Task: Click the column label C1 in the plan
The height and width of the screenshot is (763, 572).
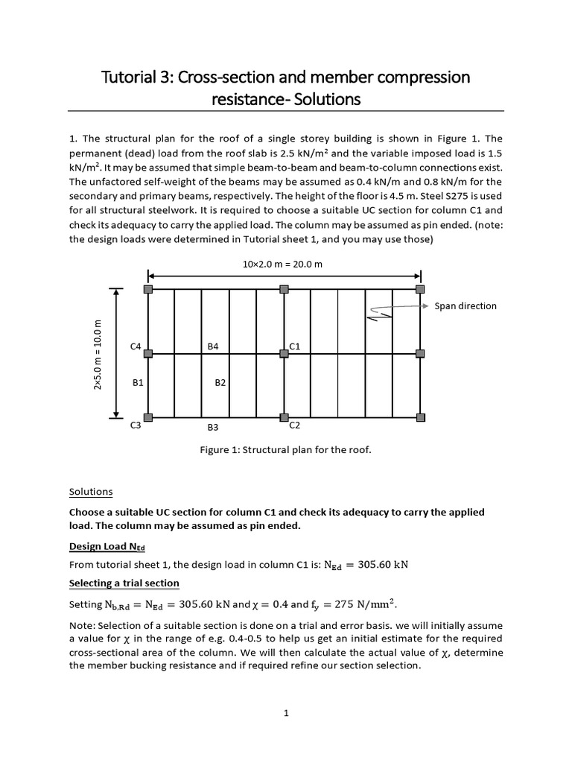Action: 294,346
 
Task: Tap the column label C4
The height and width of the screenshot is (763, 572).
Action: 136,346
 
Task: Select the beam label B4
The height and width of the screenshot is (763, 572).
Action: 213,346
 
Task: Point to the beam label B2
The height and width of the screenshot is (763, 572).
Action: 220,383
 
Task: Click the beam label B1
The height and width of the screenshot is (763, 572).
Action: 137,383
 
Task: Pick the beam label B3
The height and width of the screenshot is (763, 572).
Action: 213,428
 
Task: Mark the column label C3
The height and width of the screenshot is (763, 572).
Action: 136,426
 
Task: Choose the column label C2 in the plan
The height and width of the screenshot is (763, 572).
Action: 294,425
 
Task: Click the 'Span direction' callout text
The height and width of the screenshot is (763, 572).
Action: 465,306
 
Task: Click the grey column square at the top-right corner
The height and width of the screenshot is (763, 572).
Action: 420,289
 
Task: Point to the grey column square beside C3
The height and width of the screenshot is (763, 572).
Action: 148,417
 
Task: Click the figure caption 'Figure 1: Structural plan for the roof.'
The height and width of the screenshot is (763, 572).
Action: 285,450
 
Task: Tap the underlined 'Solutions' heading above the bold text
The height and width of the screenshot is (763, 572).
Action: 90,492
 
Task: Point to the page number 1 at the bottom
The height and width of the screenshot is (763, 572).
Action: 286,713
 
